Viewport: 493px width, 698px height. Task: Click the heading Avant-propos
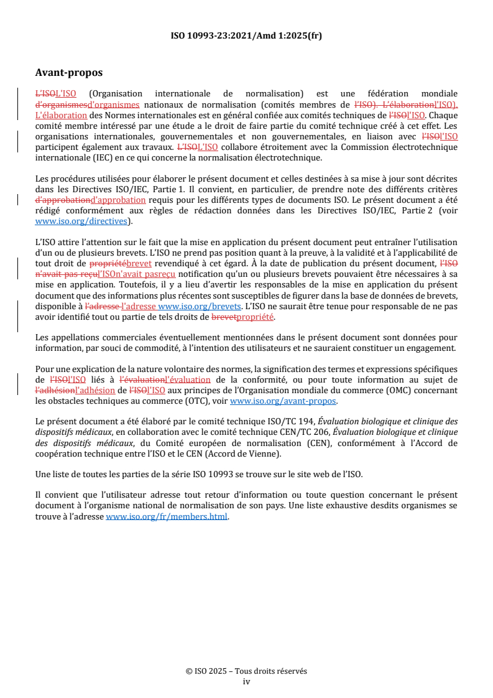pos(69,73)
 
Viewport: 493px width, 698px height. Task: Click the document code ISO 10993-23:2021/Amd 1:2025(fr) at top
pos(246,35)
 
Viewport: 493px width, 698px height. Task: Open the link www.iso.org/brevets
pos(200,307)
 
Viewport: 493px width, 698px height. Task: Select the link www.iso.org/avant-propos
pos(283,401)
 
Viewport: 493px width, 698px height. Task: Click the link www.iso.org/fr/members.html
pos(167,516)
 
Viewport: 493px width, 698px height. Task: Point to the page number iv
pos(246,681)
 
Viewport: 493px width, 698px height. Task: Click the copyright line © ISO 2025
pos(246,671)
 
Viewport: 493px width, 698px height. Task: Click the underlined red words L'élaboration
pos(61,115)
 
